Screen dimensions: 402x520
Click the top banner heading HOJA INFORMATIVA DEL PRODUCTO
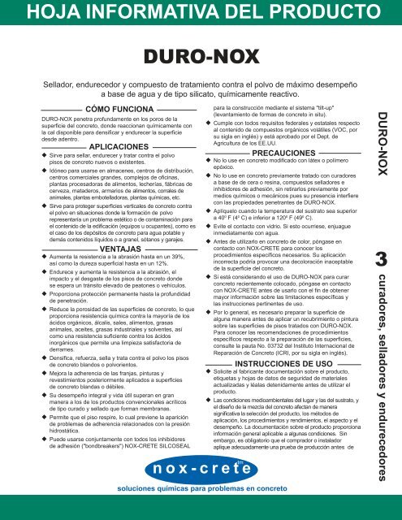[x=201, y=14]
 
